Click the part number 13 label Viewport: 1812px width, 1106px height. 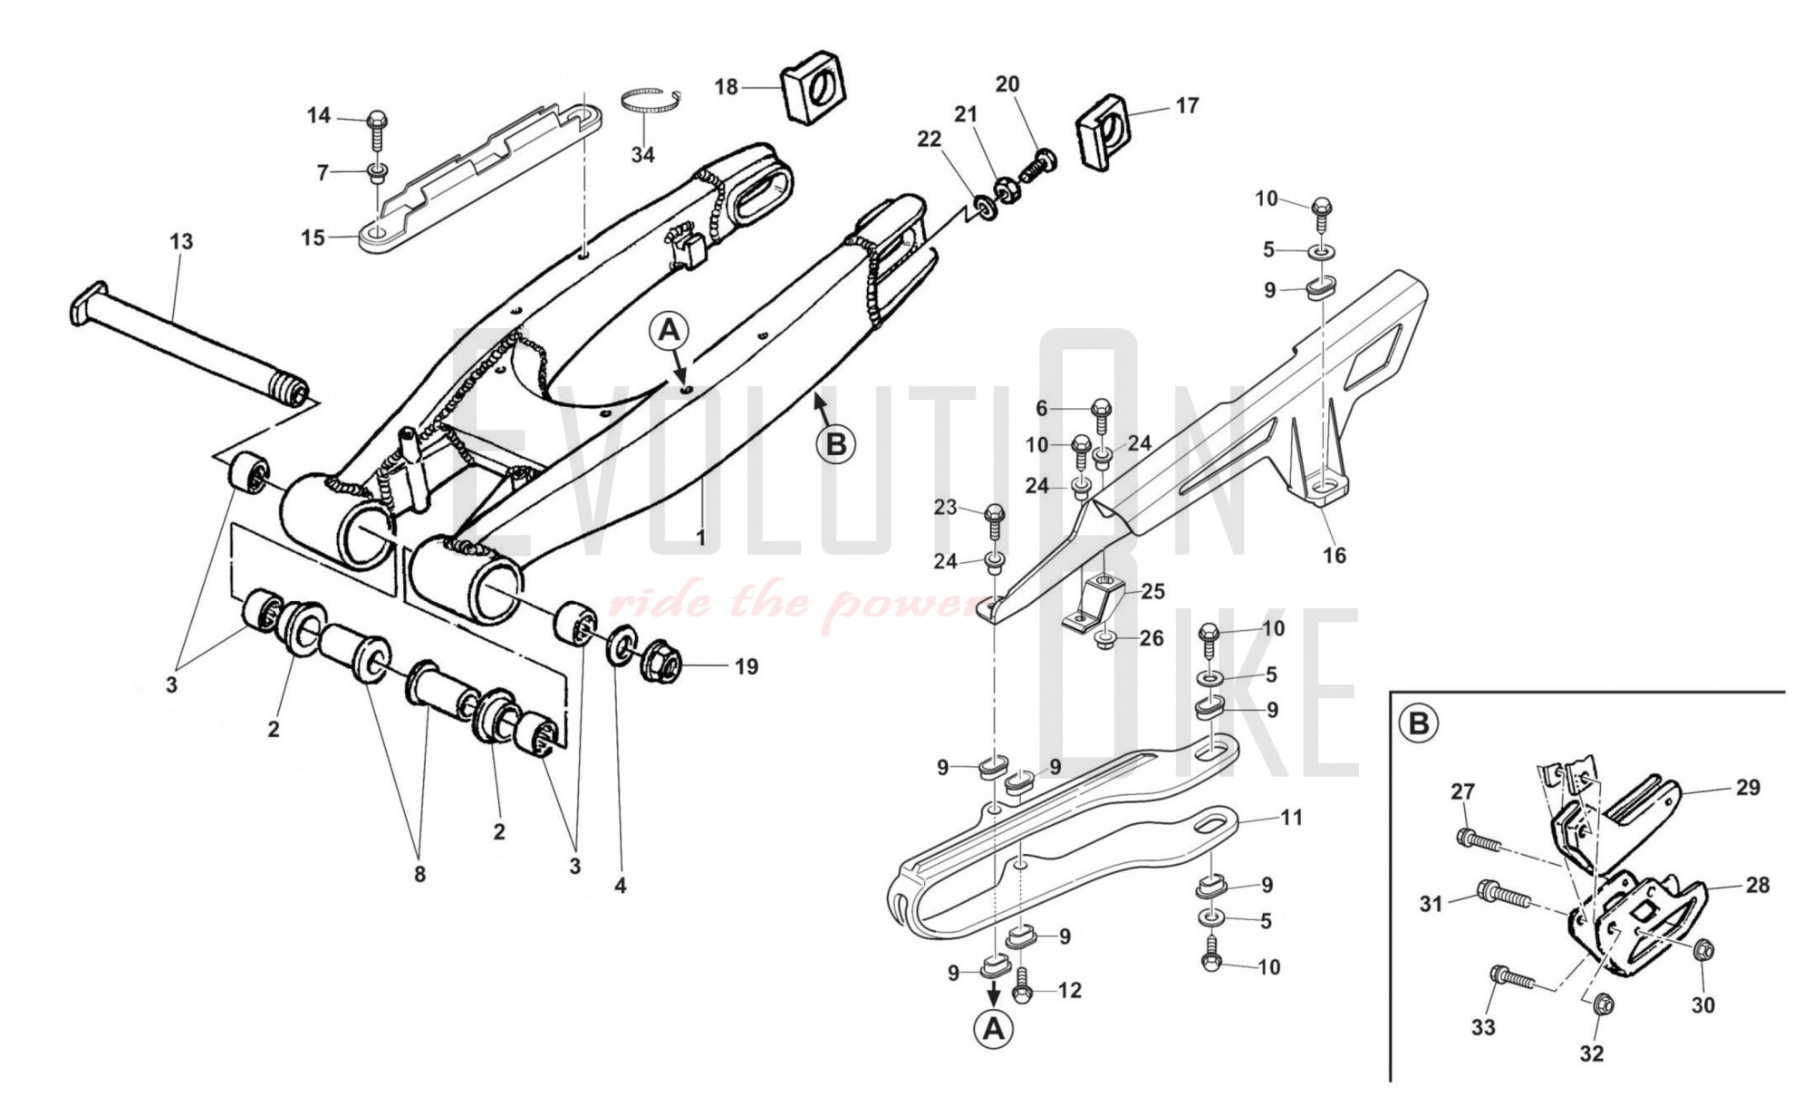tap(181, 242)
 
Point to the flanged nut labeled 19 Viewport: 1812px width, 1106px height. tap(661, 667)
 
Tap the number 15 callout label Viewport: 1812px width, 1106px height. tap(313, 238)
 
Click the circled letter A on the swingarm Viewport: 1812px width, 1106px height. tap(670, 332)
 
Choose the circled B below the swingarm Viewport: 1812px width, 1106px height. tap(835, 444)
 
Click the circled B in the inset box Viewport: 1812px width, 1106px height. tap(1419, 724)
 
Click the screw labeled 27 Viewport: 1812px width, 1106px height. tap(1477, 839)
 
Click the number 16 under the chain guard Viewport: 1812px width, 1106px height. tap(1335, 555)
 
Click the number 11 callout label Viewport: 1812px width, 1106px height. tap(1290, 818)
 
